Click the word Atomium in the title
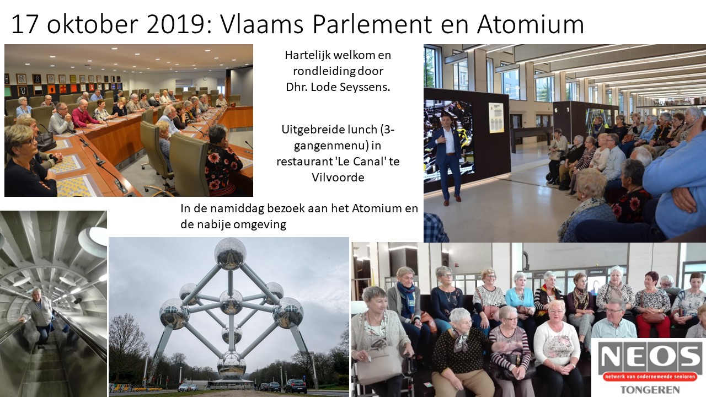point(531,24)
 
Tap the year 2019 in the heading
point(175,24)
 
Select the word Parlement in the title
point(372,24)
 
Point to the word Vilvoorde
point(338,178)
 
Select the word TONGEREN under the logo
point(649,390)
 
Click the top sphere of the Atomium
point(231,253)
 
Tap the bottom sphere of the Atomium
point(231,364)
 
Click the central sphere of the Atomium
point(231,302)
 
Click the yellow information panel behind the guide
point(496,117)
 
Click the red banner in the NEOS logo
point(650,377)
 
